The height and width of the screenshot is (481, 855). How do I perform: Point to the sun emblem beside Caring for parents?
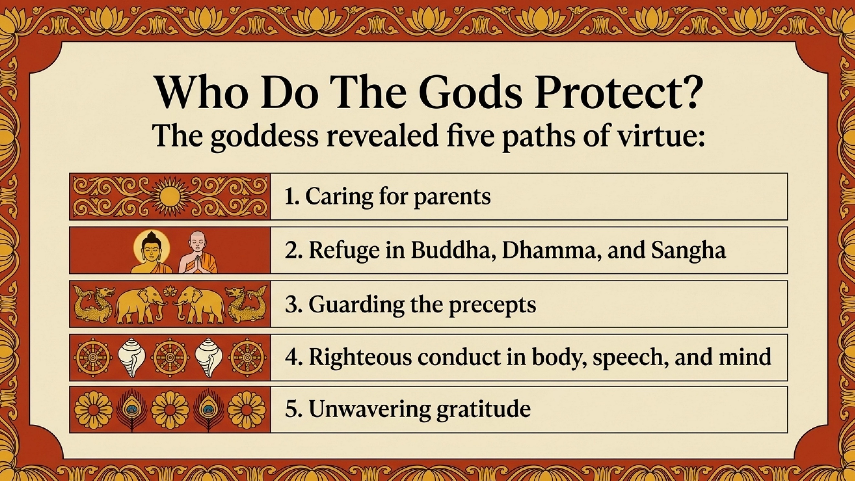pyautogui.click(x=170, y=196)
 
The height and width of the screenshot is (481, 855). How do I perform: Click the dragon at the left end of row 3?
pyautogui.click(x=93, y=304)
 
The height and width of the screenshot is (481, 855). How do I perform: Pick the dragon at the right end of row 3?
pyautogui.click(x=246, y=304)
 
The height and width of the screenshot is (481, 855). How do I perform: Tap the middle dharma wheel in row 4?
pyautogui.click(x=170, y=357)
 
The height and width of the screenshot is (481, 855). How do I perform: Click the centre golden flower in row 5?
pyautogui.click(x=170, y=410)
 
